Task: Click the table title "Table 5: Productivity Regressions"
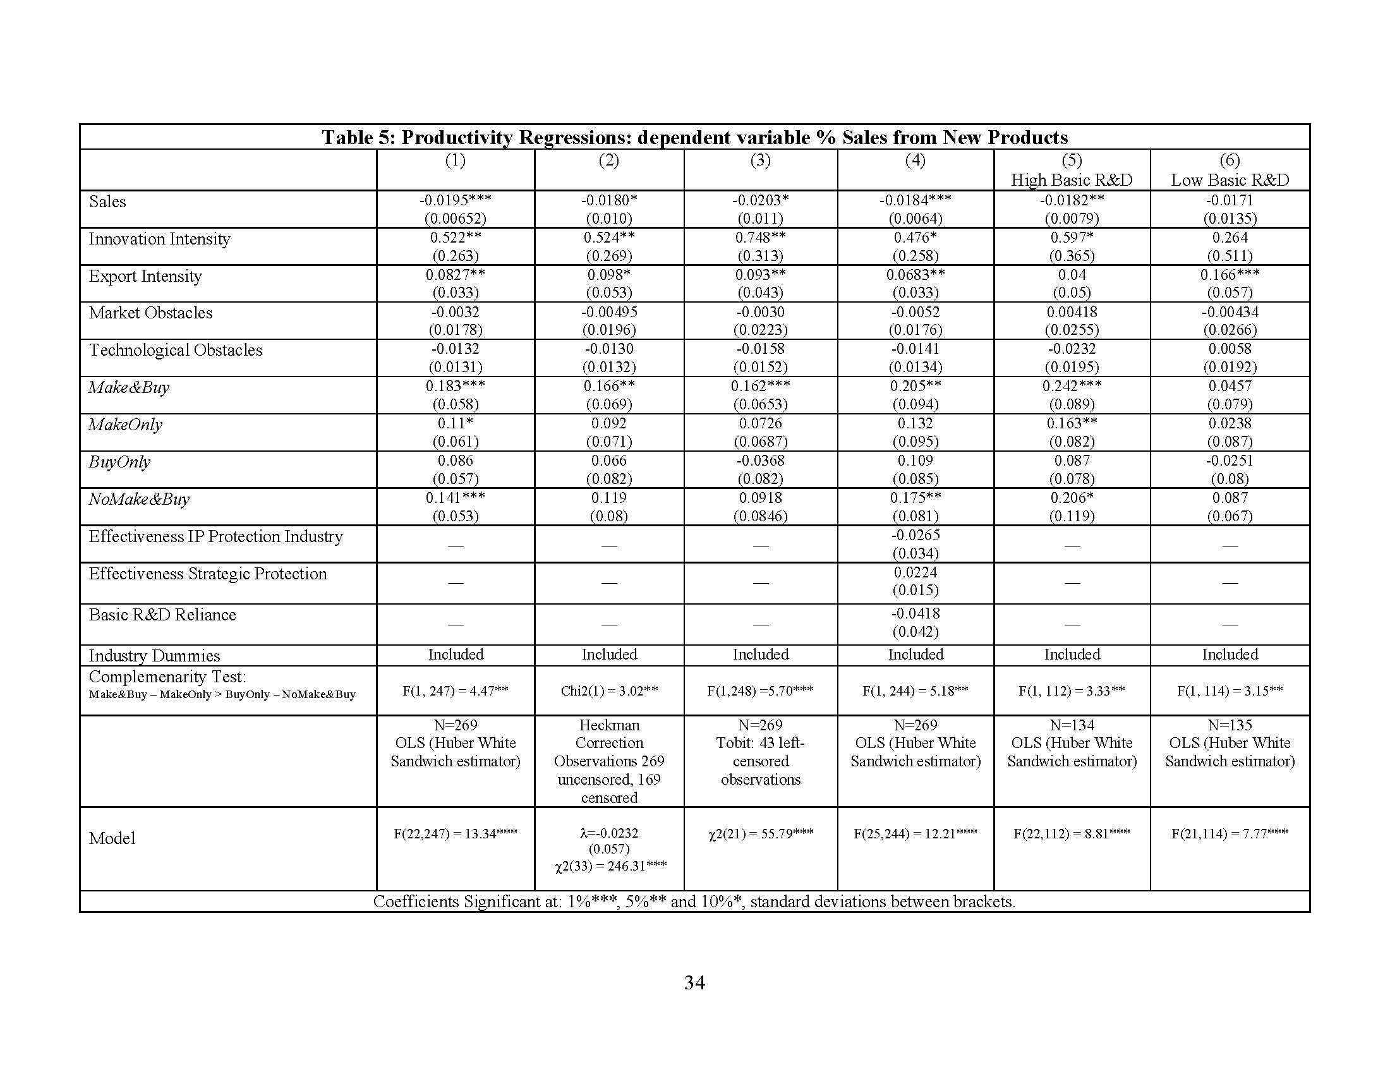(x=694, y=138)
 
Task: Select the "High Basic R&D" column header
(x=1071, y=180)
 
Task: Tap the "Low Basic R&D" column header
(x=1230, y=180)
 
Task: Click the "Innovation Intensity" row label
(x=159, y=239)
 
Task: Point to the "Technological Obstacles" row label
(x=175, y=351)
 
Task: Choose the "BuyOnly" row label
(x=119, y=462)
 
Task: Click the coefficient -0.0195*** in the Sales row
(x=455, y=200)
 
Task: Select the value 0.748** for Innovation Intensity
(x=760, y=238)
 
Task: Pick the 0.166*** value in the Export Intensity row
(x=1230, y=275)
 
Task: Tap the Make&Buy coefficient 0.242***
(x=1071, y=386)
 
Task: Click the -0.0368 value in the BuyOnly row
(x=760, y=461)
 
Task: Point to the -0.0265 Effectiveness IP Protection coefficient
(x=915, y=535)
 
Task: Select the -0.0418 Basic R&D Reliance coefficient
(x=915, y=614)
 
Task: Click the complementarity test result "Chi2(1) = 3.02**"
(x=609, y=691)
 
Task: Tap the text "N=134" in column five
(x=1071, y=725)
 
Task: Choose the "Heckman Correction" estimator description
(x=609, y=734)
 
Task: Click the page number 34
(x=694, y=983)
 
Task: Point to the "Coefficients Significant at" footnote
(x=694, y=902)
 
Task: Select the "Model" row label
(x=112, y=838)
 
